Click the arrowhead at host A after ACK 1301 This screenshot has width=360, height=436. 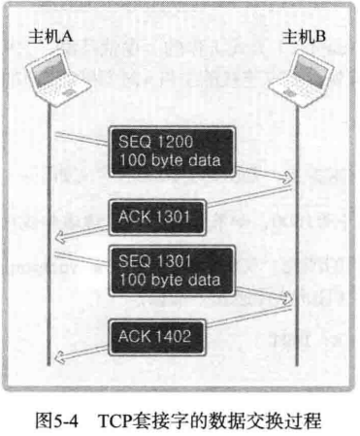click(61, 239)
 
